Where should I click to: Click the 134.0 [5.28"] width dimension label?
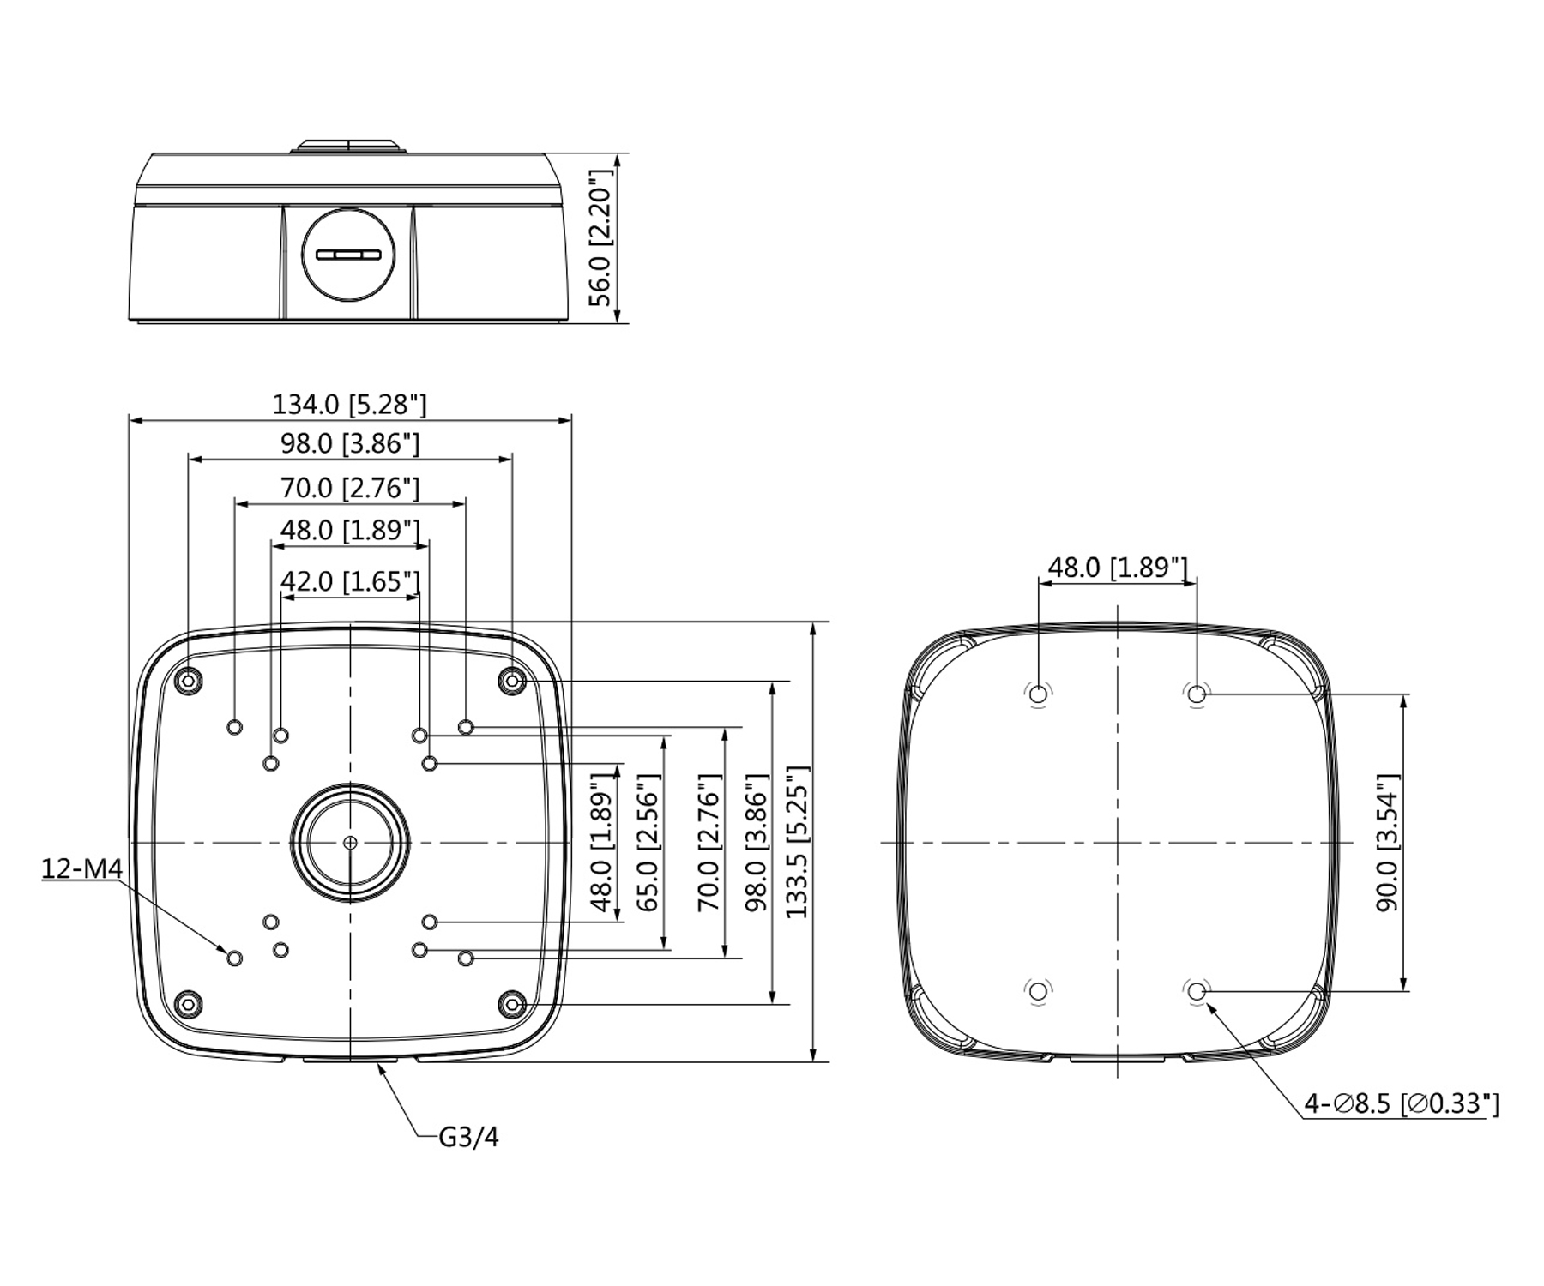click(x=349, y=404)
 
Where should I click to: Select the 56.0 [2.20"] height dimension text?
click(x=601, y=237)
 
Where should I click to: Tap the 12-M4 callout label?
click(x=82, y=868)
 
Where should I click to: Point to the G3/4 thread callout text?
click(x=468, y=1137)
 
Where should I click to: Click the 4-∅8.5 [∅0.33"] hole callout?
click(x=1402, y=1103)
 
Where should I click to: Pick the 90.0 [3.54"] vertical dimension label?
click(x=1386, y=843)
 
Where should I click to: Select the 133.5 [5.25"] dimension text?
click(x=797, y=842)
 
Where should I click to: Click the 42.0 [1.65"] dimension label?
click(x=351, y=581)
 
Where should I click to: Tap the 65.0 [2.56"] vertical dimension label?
click(x=648, y=842)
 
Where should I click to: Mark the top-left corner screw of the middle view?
click(x=189, y=681)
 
